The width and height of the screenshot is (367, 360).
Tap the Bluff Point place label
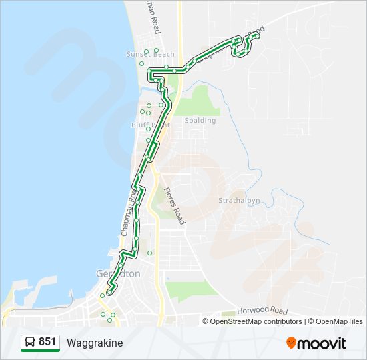[x=151, y=125]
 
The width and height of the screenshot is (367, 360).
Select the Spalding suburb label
[x=200, y=121]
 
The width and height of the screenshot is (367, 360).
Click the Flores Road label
[x=175, y=205]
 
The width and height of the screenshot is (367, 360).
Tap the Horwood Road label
[x=262, y=311]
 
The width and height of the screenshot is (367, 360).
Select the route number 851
[x=47, y=342]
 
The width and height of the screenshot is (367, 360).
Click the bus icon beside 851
[x=30, y=343]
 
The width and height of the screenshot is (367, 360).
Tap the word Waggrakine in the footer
[x=95, y=343]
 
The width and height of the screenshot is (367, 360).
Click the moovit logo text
[x=322, y=343]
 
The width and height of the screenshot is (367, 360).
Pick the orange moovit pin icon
[x=291, y=343]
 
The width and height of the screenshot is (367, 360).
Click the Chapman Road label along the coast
[x=129, y=211]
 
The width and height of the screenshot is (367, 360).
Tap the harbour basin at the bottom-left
[x=27, y=293]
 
